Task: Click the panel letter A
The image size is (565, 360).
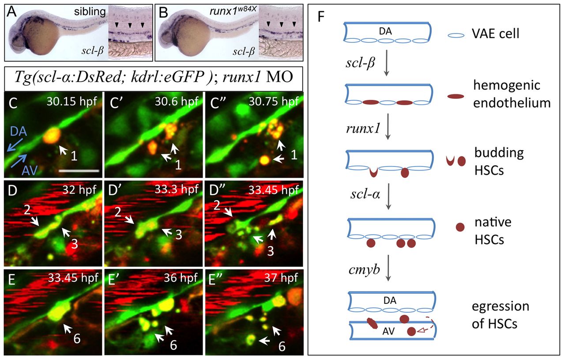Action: coord(11,11)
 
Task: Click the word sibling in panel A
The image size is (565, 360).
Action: coord(90,11)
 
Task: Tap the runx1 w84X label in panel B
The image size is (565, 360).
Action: coord(233,11)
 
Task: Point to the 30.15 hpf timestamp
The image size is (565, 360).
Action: coord(72,102)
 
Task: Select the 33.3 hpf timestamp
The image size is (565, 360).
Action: coord(177,189)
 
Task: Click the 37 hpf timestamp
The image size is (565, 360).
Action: coord(281,278)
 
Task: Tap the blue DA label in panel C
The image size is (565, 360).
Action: coord(19,132)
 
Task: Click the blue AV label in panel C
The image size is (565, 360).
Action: coord(30,171)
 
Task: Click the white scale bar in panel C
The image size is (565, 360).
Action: coord(79,171)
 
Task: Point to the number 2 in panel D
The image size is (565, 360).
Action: coord(27,209)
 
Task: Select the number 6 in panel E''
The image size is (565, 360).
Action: coord(282,346)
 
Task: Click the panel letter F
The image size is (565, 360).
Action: coord(321,17)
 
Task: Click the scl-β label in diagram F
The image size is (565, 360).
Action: coord(360,62)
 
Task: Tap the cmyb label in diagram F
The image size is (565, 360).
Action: coord(364,269)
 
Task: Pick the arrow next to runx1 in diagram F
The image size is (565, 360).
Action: coord(388,126)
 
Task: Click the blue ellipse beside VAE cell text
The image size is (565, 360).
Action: coord(456,36)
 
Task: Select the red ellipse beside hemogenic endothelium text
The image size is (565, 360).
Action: coord(456,96)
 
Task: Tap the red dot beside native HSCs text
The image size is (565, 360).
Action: coord(460,227)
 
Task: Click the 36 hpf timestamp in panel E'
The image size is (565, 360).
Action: coord(181,278)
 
